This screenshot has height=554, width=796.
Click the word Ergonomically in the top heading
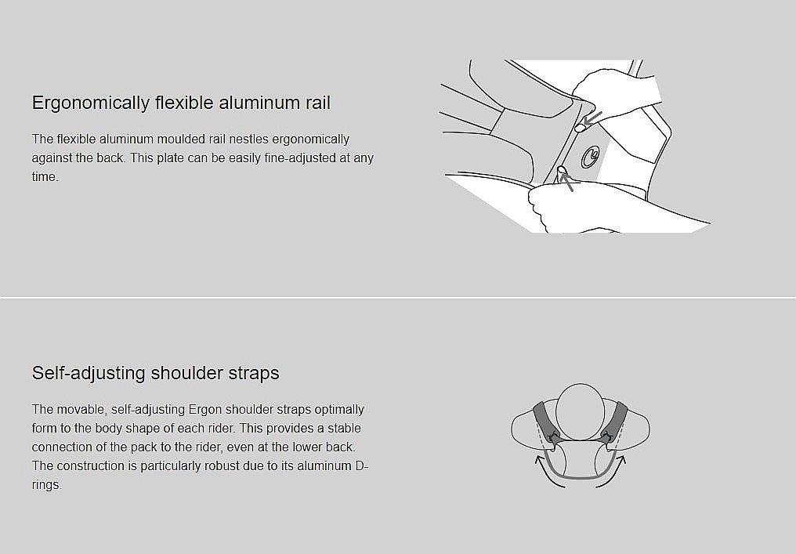click(x=90, y=103)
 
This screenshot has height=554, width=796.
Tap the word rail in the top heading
click(x=318, y=102)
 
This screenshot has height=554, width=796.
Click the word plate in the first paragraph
click(x=170, y=158)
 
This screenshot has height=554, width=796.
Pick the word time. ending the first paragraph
click(x=45, y=177)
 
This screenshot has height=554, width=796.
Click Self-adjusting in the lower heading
click(x=89, y=373)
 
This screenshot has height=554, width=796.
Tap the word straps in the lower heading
click(x=253, y=374)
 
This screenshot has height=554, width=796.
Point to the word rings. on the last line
click(x=47, y=485)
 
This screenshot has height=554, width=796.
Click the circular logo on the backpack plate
click(x=590, y=157)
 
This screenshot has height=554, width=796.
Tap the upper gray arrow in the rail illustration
click(x=592, y=118)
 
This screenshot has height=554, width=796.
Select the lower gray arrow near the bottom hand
click(x=566, y=181)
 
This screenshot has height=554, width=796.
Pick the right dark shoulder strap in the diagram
click(x=615, y=421)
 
